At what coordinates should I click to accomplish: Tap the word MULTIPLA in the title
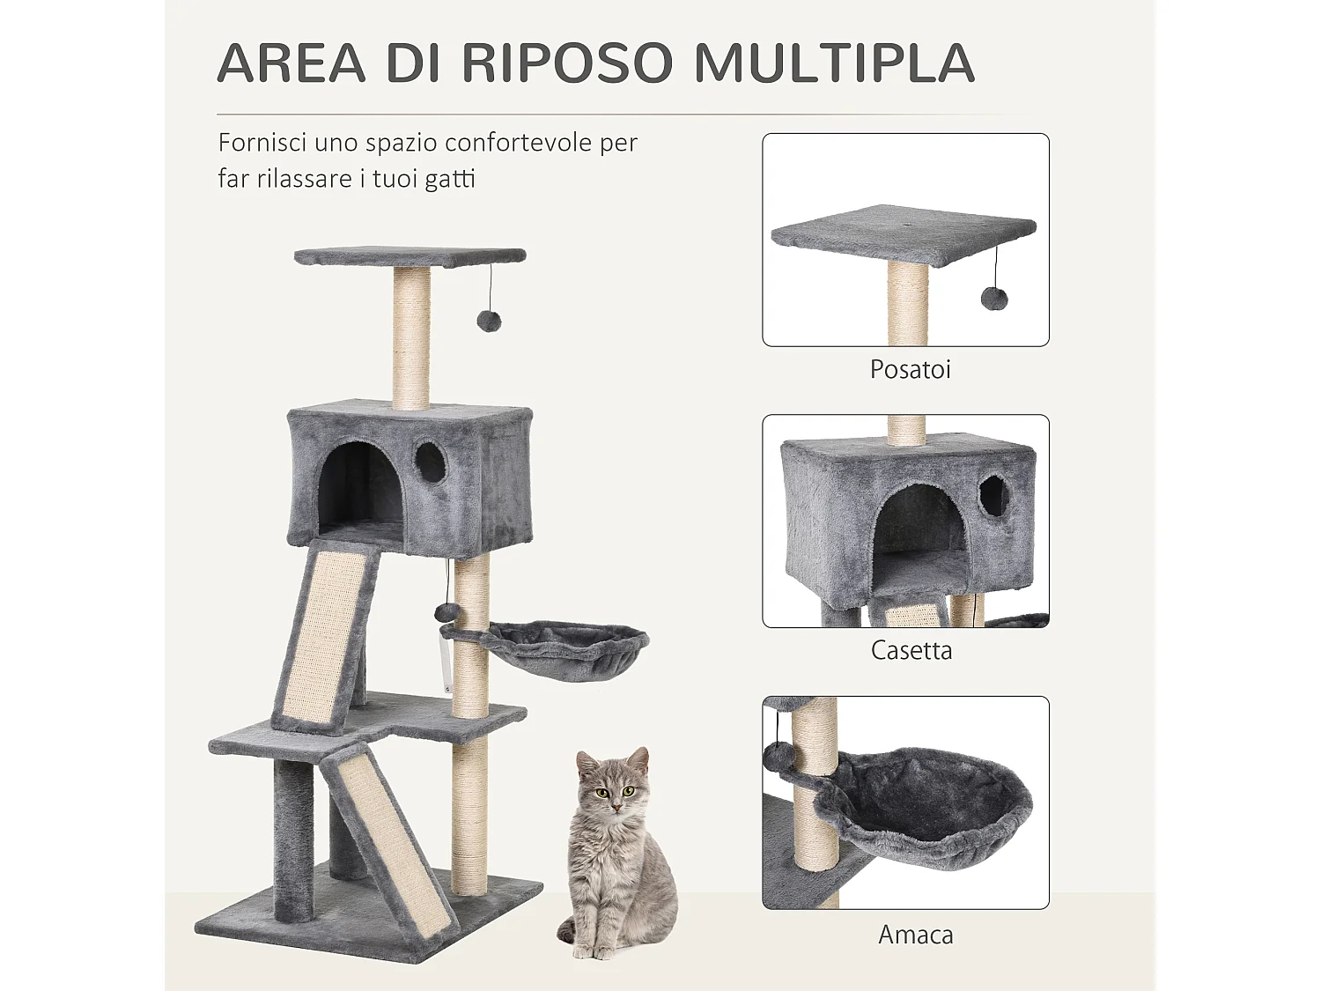pos(834,63)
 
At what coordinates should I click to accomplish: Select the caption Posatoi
pos(910,369)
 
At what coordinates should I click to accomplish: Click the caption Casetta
pos(911,651)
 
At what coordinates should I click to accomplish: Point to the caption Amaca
pos(915,935)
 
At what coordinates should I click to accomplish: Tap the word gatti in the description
pos(450,179)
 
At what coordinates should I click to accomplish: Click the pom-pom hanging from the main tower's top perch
pos(489,321)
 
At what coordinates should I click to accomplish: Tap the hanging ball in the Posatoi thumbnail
pos(994,299)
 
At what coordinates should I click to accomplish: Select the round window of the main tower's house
pos(431,462)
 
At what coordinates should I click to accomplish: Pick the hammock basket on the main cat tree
pos(564,647)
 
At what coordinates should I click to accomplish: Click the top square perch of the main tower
pos(410,256)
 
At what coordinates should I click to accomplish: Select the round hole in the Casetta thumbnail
pos(993,496)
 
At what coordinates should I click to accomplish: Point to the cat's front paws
pos(592,951)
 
